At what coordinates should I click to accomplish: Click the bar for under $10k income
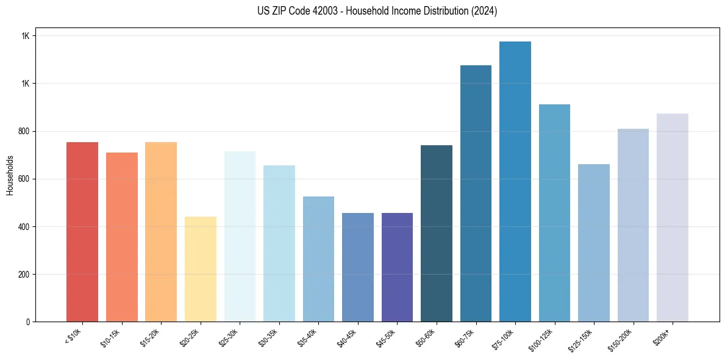click(82, 232)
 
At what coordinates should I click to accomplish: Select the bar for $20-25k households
click(201, 269)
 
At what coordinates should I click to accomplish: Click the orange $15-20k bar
click(161, 232)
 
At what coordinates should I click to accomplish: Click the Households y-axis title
click(10, 175)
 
